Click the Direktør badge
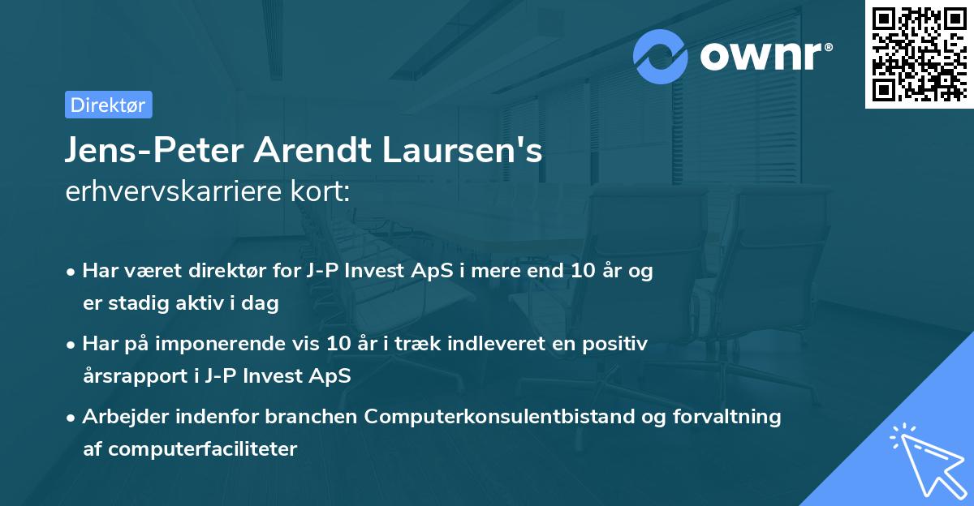[108, 105]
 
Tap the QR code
[919, 54]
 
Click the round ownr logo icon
[662, 56]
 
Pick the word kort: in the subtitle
[324, 193]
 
